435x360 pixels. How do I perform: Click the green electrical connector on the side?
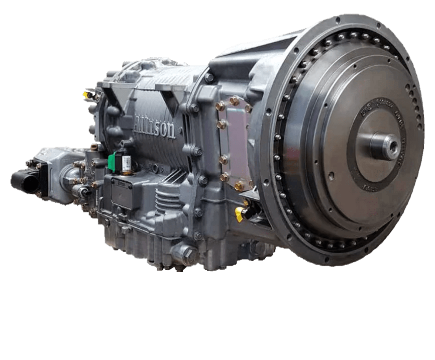pyautogui.click(x=114, y=161)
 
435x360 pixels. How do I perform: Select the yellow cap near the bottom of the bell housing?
pyautogui.click(x=240, y=214)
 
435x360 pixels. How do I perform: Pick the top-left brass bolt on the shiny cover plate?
pyautogui.click(x=220, y=105)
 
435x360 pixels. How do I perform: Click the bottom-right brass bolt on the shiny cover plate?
pyautogui.click(x=239, y=186)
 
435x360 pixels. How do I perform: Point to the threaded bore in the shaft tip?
pyautogui.click(x=391, y=146)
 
